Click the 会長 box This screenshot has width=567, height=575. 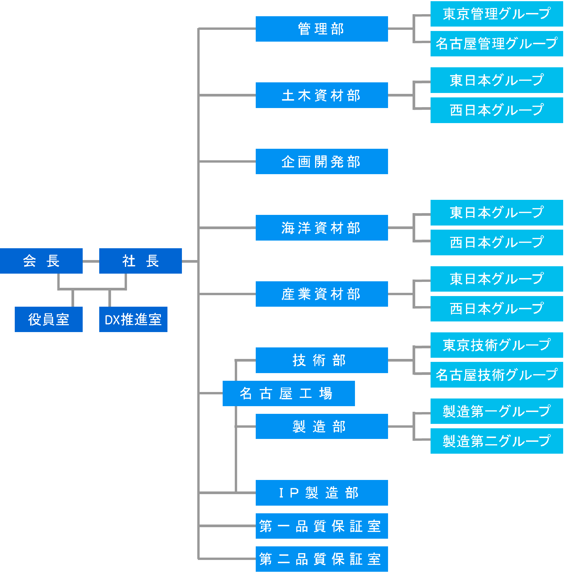[x=41, y=261]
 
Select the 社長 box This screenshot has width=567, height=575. [x=140, y=261]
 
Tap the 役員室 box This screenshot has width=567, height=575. [x=48, y=319]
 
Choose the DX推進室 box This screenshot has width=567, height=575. [x=133, y=319]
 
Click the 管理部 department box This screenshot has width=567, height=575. [x=322, y=29]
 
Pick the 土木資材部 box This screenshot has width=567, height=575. [x=322, y=95]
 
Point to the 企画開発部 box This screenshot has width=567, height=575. [x=322, y=161]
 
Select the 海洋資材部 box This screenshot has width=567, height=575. [x=322, y=228]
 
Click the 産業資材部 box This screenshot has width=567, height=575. [x=322, y=294]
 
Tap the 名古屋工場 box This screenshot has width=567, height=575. [x=289, y=393]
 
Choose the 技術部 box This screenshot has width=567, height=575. [x=322, y=360]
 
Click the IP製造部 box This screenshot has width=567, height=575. [x=322, y=493]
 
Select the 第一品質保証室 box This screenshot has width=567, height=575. [x=322, y=526]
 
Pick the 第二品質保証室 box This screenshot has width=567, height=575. [x=322, y=559]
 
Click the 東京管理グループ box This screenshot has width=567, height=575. [x=496, y=14]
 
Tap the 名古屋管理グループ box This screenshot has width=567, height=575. [x=496, y=43]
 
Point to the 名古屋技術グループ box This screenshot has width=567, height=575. [x=496, y=375]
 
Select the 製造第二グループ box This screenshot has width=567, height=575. [x=496, y=441]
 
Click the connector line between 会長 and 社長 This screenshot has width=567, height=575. [x=91, y=261]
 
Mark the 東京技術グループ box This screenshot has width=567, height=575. [x=496, y=345]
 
